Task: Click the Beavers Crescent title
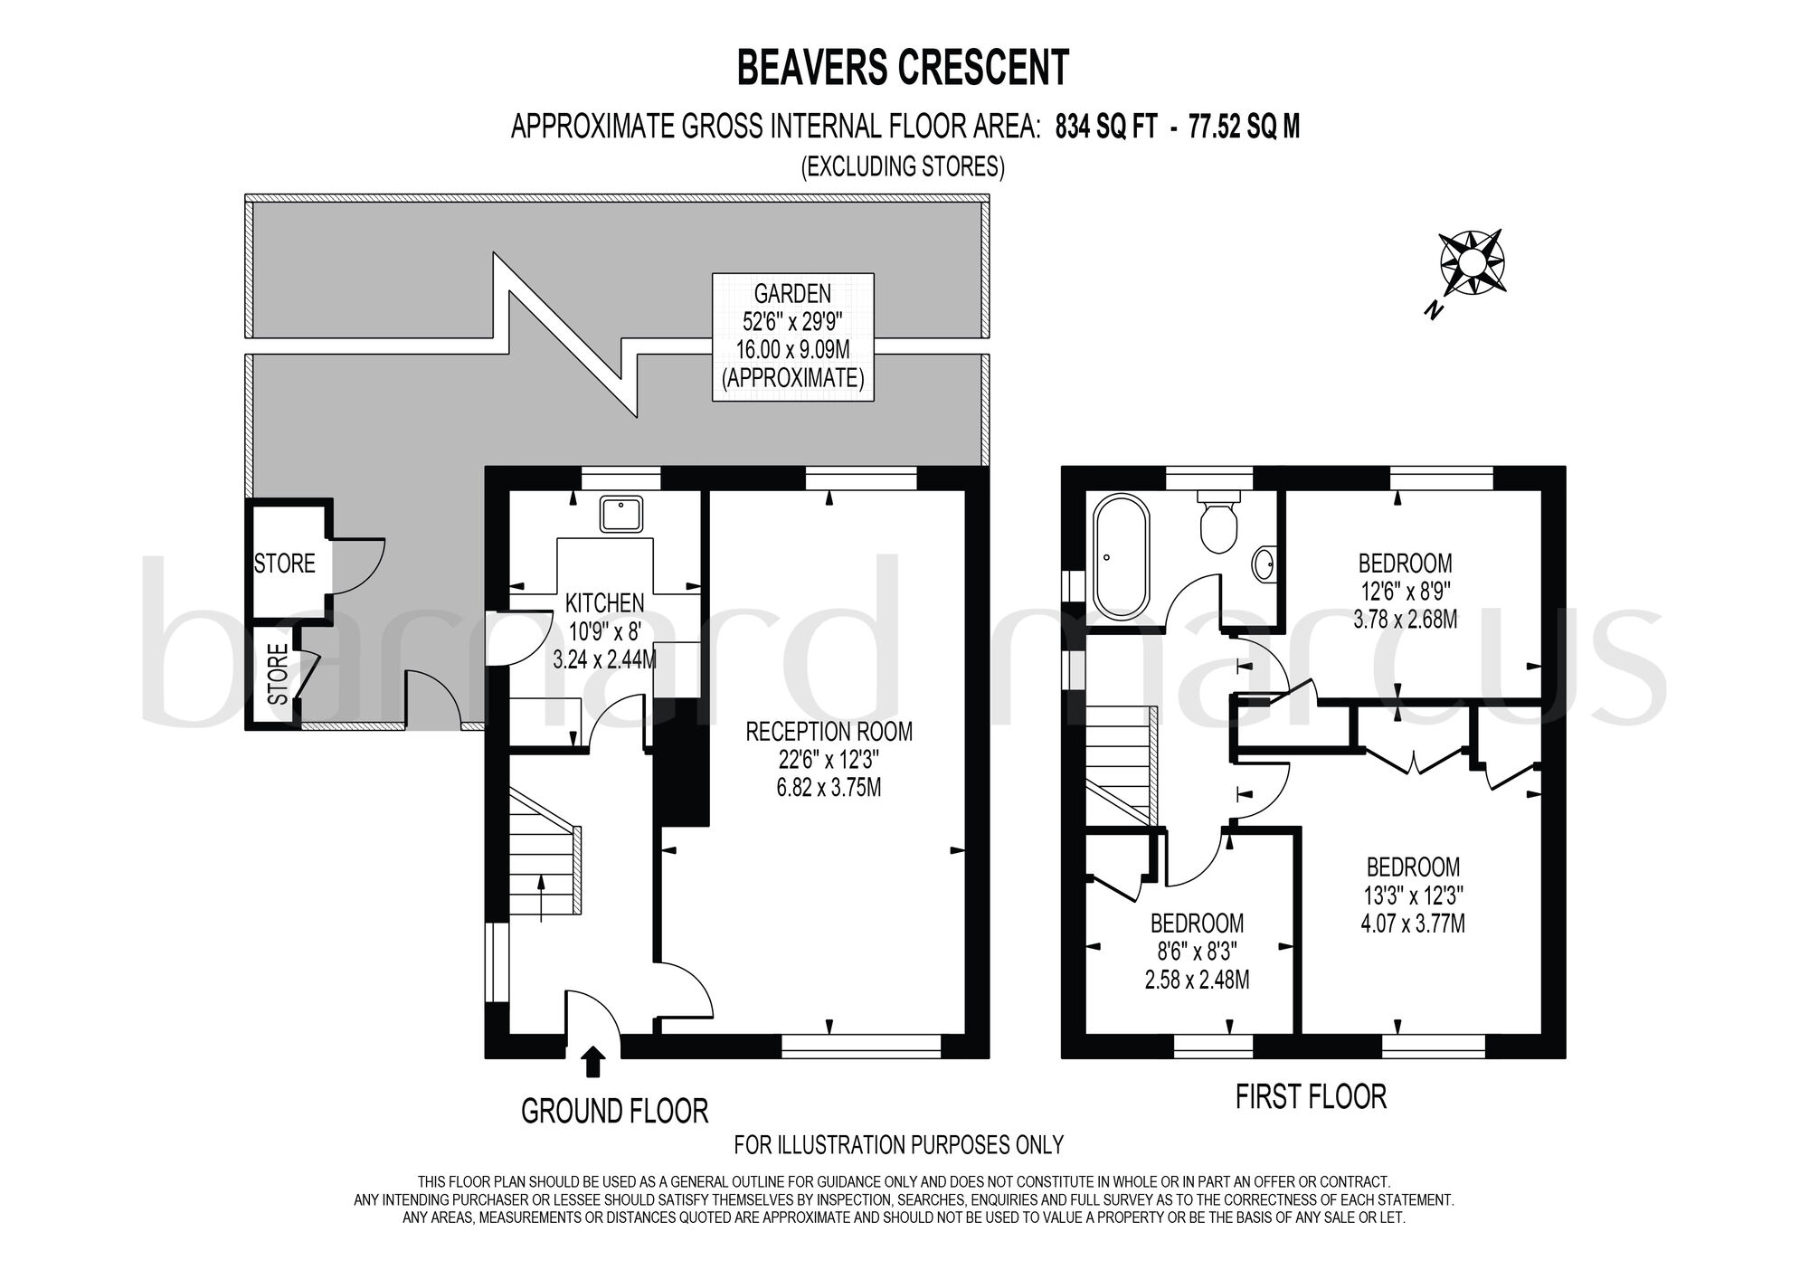904,68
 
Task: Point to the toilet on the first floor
1217,521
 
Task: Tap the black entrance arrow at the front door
592,1062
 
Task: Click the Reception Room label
829,731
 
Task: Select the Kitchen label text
605,602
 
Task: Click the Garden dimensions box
793,336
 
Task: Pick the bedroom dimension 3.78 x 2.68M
1406,621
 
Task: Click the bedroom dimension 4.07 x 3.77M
1413,924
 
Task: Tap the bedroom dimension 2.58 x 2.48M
1198,979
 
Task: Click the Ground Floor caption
614,1111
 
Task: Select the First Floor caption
1311,1097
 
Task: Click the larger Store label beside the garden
284,564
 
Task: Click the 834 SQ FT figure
1106,128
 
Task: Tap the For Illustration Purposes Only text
899,1145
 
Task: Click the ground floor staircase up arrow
540,897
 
